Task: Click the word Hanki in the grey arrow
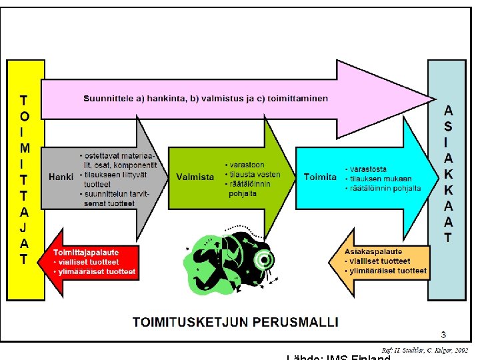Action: pyautogui.click(x=61, y=177)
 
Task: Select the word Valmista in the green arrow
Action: pyautogui.click(x=195, y=177)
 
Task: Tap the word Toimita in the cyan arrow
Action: pyautogui.click(x=320, y=177)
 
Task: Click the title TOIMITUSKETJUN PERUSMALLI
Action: pyautogui.click(x=235, y=321)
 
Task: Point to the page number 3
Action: pyautogui.click(x=443, y=334)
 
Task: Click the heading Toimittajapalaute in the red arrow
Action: pyautogui.click(x=87, y=252)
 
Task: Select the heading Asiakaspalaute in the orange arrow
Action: pyautogui.click(x=373, y=252)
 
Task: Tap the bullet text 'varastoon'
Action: pyautogui.click(x=247, y=165)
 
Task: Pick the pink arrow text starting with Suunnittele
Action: pyautogui.click(x=205, y=99)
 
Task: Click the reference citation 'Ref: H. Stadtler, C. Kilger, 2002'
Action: pyautogui.click(x=425, y=350)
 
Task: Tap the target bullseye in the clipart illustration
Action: pyautogui.click(x=265, y=259)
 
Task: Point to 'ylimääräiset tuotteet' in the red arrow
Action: pyautogui.click(x=97, y=271)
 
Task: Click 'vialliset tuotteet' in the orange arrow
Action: pyautogui.click(x=381, y=261)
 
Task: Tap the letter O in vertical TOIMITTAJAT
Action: pyautogui.click(x=24, y=117)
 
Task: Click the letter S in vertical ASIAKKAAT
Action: pyautogui.click(x=448, y=126)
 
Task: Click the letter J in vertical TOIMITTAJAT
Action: pyautogui.click(x=24, y=228)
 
